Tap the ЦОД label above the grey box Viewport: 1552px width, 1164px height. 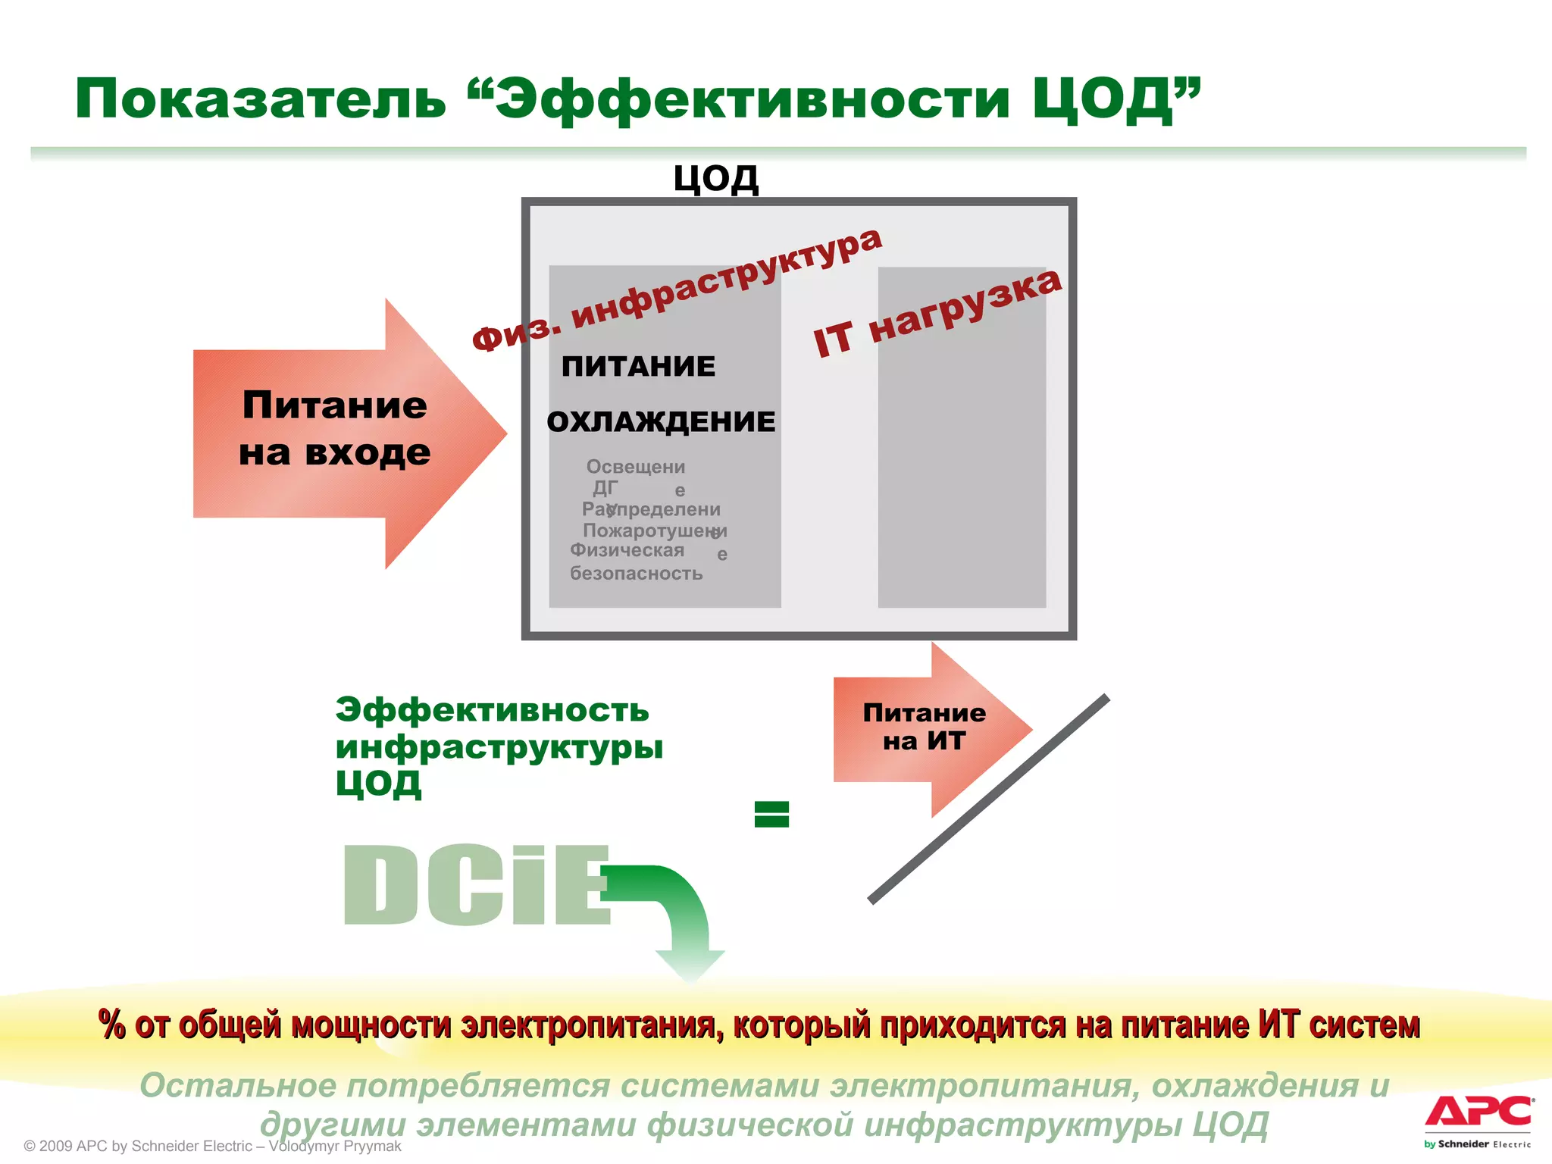715,179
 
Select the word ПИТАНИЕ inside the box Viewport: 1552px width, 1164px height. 638,367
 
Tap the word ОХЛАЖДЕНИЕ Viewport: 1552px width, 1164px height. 661,422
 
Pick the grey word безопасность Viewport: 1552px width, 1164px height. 636,574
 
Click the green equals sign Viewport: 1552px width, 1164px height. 771,815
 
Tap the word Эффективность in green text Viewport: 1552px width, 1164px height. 492,710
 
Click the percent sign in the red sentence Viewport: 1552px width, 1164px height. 112,1025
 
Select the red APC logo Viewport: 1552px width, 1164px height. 1478,1112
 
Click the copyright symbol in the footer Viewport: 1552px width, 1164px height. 30,1147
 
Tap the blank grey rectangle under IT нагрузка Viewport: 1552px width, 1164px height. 962,485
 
